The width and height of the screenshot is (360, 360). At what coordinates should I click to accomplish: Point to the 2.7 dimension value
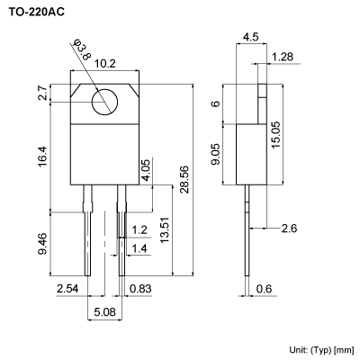42,92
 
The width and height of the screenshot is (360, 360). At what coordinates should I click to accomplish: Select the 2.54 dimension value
67,289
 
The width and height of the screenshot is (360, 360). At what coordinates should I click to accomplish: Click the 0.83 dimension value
140,289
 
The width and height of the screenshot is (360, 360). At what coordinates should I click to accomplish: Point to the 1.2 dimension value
139,229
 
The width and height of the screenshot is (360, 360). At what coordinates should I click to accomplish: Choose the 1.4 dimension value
139,247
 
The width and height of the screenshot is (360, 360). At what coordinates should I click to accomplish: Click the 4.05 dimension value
146,167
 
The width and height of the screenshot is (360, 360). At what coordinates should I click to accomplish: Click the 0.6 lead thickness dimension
264,289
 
